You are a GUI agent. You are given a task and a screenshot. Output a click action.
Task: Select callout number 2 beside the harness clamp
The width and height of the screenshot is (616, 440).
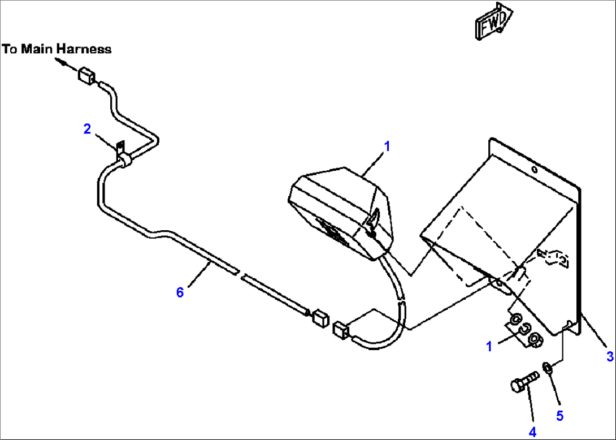tap(87, 129)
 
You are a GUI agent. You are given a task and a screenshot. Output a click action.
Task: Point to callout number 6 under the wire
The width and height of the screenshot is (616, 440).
tap(180, 292)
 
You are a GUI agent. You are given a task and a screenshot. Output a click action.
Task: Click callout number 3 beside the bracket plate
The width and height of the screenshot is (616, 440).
tap(610, 356)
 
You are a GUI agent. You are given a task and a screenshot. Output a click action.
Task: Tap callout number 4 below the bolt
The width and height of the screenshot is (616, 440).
tap(532, 432)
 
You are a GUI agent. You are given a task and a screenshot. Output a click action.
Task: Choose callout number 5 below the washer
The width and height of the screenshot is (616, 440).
tap(559, 416)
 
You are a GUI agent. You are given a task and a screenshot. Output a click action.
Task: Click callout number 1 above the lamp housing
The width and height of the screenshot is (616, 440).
tap(387, 146)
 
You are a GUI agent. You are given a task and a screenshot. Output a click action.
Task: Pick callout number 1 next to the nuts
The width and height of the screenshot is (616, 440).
tap(490, 346)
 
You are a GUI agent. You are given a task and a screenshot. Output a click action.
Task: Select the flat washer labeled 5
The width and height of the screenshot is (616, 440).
tap(547, 369)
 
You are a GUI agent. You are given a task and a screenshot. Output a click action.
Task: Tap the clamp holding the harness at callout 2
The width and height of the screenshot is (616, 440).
tap(124, 159)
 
